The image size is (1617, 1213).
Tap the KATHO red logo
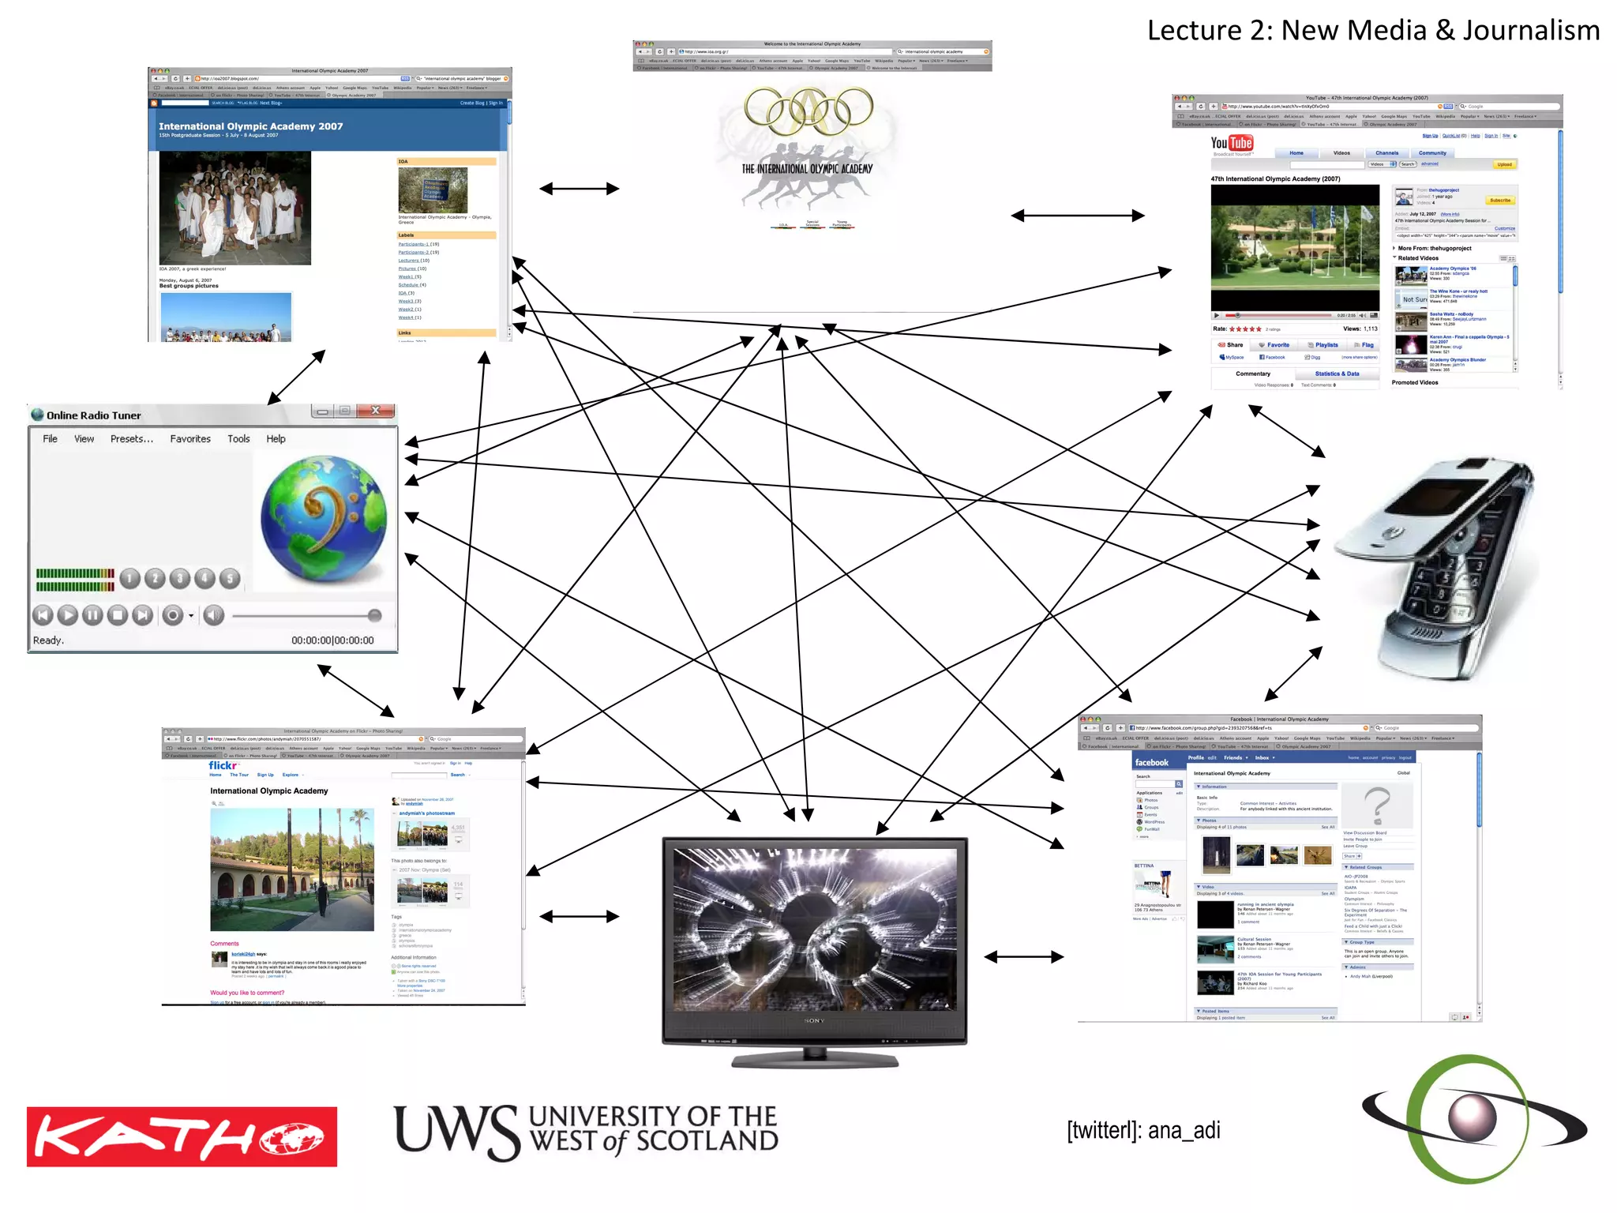[x=182, y=1136]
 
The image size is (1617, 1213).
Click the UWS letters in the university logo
[x=456, y=1131]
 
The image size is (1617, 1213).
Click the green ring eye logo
[x=1473, y=1118]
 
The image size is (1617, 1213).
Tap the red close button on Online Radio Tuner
[x=376, y=411]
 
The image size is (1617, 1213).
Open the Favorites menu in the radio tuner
[x=190, y=439]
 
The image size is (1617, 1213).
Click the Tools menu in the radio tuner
[x=238, y=439]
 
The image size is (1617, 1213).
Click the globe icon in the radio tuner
[x=324, y=518]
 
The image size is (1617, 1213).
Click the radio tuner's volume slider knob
[x=374, y=615]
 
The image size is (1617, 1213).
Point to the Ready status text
[x=48, y=640]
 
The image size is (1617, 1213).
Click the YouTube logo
[x=1232, y=143]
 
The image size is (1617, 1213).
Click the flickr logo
[x=223, y=765]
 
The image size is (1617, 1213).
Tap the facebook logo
[x=1151, y=762]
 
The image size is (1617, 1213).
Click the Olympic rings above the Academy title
[x=808, y=110]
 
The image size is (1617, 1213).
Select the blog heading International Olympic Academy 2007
[x=250, y=126]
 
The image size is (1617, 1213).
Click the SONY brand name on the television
[x=814, y=1021]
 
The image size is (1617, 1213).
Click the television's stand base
[x=815, y=1061]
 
